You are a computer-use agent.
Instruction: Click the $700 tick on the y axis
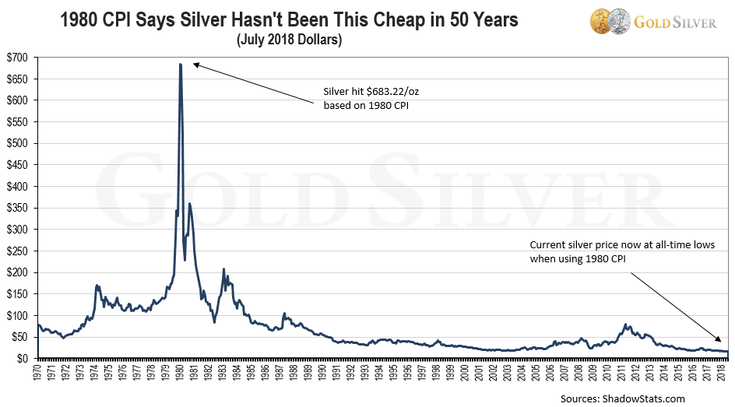click(x=18, y=58)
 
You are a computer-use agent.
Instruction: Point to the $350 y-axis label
click(x=18, y=208)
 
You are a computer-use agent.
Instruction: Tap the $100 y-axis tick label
click(x=18, y=315)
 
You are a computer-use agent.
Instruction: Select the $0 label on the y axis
click(x=23, y=358)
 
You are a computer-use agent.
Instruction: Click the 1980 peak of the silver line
click(x=181, y=65)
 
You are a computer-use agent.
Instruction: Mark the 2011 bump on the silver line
click(x=625, y=325)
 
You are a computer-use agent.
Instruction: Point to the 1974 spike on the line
click(x=97, y=286)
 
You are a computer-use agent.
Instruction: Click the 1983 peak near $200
click(x=223, y=269)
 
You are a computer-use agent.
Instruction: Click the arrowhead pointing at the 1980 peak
click(x=195, y=65)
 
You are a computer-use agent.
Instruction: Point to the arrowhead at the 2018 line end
click(x=720, y=340)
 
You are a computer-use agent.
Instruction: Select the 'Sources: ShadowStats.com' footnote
click(x=622, y=398)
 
